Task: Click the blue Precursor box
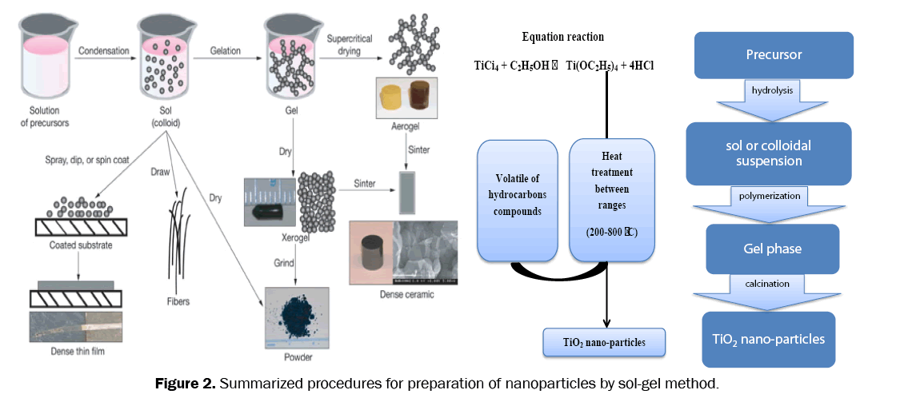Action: point(774,55)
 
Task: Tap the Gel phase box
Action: point(773,249)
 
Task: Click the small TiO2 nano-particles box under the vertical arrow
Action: point(604,343)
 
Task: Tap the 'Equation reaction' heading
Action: point(562,37)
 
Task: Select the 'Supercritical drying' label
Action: point(355,46)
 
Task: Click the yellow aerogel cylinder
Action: point(391,98)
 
